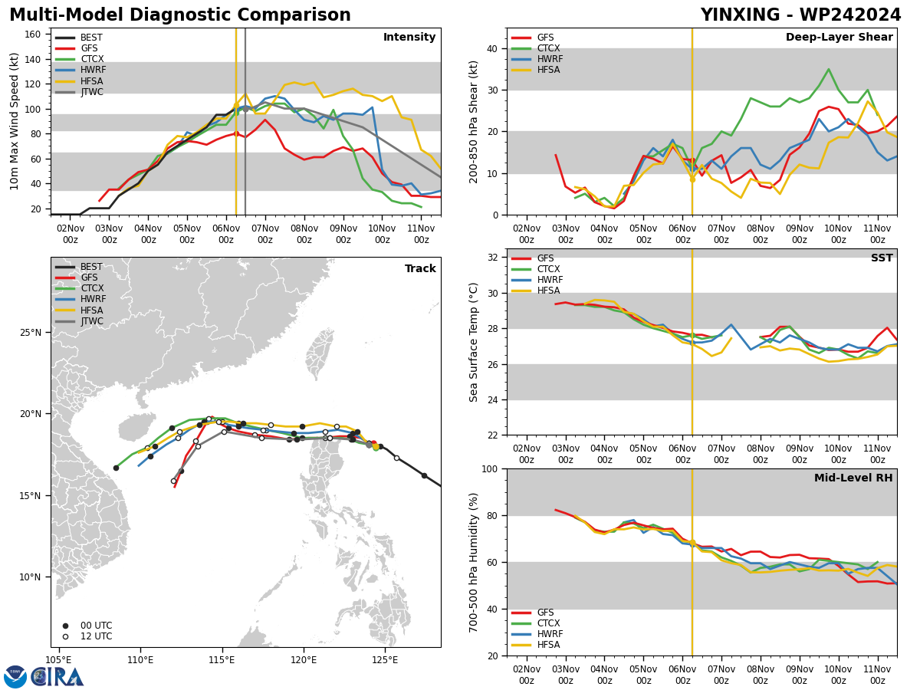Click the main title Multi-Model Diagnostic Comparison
coord(180,15)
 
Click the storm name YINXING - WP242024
coord(800,15)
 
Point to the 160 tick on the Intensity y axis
coord(33,34)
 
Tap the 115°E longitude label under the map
coord(222,660)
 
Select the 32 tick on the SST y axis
coord(493,258)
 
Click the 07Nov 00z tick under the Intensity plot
coord(265,234)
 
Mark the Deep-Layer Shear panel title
coord(839,37)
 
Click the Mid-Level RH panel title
coord(853,478)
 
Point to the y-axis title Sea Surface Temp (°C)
coord(473,342)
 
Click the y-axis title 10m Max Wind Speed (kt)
coord(14,121)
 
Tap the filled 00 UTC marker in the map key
coord(65,626)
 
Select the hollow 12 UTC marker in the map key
coord(65,637)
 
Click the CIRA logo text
coord(58,677)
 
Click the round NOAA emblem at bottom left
coord(15,677)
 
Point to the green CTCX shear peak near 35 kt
coord(829,69)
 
